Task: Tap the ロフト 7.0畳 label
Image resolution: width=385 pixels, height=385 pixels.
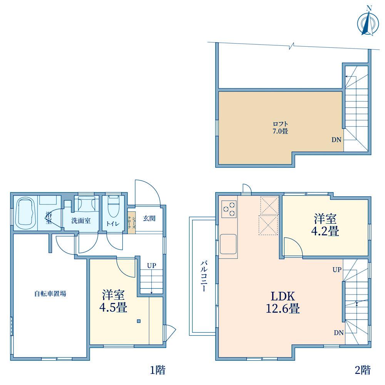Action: click(280, 127)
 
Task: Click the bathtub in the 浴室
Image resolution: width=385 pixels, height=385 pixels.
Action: click(25, 213)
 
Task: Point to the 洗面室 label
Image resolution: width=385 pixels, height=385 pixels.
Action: click(81, 221)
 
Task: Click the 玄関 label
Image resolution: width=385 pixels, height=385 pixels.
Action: click(149, 218)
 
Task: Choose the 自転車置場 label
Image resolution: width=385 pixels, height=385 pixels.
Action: click(50, 293)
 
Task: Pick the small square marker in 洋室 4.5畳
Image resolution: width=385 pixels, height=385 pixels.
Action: click(139, 321)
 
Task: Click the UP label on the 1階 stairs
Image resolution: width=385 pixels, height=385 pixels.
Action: click(151, 265)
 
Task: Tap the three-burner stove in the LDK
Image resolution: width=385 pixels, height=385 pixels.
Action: click(229, 209)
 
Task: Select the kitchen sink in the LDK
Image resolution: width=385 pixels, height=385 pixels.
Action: click(228, 244)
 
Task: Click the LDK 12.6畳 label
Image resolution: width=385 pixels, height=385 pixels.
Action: click(283, 302)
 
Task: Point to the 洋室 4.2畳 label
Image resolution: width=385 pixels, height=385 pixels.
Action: click(325, 225)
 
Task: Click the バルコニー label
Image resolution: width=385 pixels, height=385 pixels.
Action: click(204, 276)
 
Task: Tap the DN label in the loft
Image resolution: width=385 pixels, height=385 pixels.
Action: click(336, 140)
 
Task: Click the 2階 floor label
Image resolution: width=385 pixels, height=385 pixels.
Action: click(363, 370)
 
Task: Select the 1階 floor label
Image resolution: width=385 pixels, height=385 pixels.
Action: click(157, 370)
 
